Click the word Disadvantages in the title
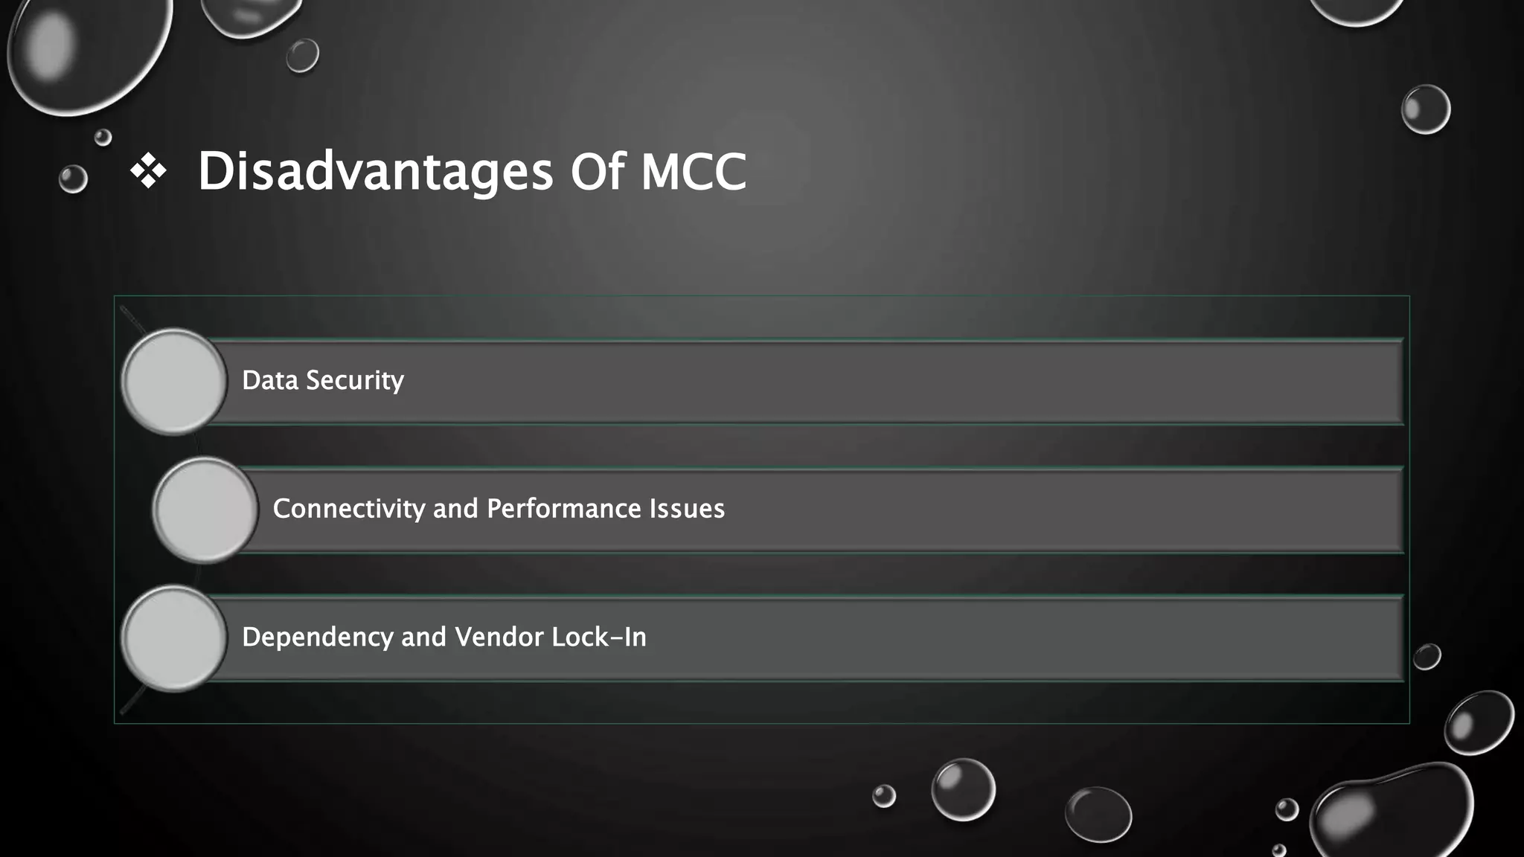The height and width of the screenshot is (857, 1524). (x=375, y=172)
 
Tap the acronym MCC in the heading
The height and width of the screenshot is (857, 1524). (x=694, y=172)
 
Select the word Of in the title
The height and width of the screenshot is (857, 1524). (x=597, y=172)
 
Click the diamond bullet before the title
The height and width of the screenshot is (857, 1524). (x=148, y=171)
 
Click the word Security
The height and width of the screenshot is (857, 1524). (x=355, y=380)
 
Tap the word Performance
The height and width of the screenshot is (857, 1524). (x=563, y=509)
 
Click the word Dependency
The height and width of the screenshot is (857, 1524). (x=318, y=638)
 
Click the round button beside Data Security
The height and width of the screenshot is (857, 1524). (x=174, y=382)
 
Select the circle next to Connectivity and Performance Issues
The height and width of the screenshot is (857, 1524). (x=205, y=510)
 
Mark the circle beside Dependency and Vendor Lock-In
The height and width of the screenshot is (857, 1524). (x=174, y=638)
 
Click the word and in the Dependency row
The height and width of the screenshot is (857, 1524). (x=423, y=638)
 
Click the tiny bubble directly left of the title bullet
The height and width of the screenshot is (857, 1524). (x=73, y=179)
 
